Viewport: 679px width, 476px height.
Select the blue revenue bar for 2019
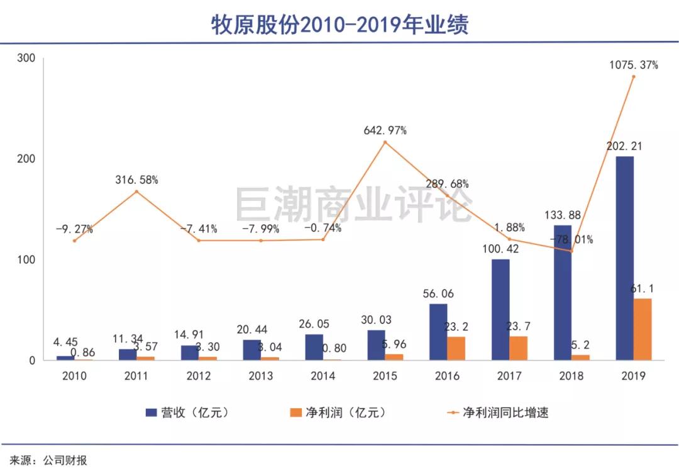click(624, 257)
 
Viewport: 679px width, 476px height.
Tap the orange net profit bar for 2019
click(643, 329)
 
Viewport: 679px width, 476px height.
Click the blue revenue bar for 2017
click(500, 310)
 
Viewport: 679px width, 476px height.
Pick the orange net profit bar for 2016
click(456, 348)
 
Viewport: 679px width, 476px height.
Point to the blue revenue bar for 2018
click(562, 293)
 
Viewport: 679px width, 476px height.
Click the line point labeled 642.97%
click(385, 143)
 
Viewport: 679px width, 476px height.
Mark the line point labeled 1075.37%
click(633, 77)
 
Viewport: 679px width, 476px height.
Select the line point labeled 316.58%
click(136, 192)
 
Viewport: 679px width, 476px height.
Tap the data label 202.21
click(624, 146)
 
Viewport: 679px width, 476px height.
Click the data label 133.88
click(563, 215)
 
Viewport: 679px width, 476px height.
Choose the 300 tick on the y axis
click(26, 58)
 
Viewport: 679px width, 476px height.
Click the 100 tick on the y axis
click(26, 260)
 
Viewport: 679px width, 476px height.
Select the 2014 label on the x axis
click(323, 376)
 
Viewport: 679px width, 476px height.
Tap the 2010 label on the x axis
click(74, 376)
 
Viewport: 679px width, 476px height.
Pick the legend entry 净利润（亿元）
click(337, 413)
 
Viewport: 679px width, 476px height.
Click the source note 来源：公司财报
click(48, 460)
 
